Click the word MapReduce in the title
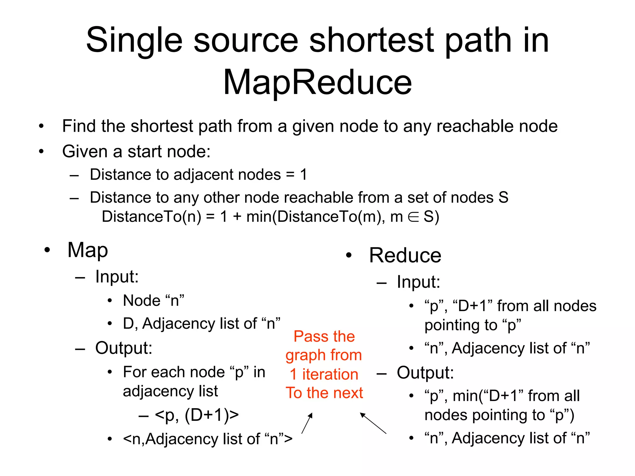coord(317,82)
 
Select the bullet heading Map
coord(88,250)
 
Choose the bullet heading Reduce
coord(405,255)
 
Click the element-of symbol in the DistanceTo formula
coord(413,217)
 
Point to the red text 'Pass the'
coord(324,337)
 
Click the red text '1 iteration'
coord(324,374)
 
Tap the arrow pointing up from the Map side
coord(307,423)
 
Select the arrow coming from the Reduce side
coord(373,423)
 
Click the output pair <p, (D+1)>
coord(197,415)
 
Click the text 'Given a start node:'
coord(136,152)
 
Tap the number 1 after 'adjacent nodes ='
coord(304,174)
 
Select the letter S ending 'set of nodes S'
coord(503,197)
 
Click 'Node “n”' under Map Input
coord(153,301)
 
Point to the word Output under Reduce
coord(425,373)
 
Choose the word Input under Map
coord(117,276)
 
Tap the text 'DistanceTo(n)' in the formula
coord(151,217)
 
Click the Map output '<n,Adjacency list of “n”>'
coord(207,439)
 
